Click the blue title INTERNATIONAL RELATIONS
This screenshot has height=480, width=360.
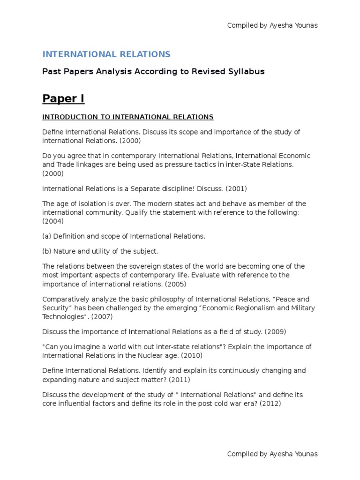pos(106,54)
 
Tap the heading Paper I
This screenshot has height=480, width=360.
pos(63,99)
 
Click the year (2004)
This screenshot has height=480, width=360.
pos(52,221)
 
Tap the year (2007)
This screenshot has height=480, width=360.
pos(102,316)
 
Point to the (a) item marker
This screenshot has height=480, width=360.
pos(47,236)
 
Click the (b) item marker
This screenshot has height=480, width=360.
pos(47,251)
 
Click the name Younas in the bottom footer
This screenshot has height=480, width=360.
pos(306,454)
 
